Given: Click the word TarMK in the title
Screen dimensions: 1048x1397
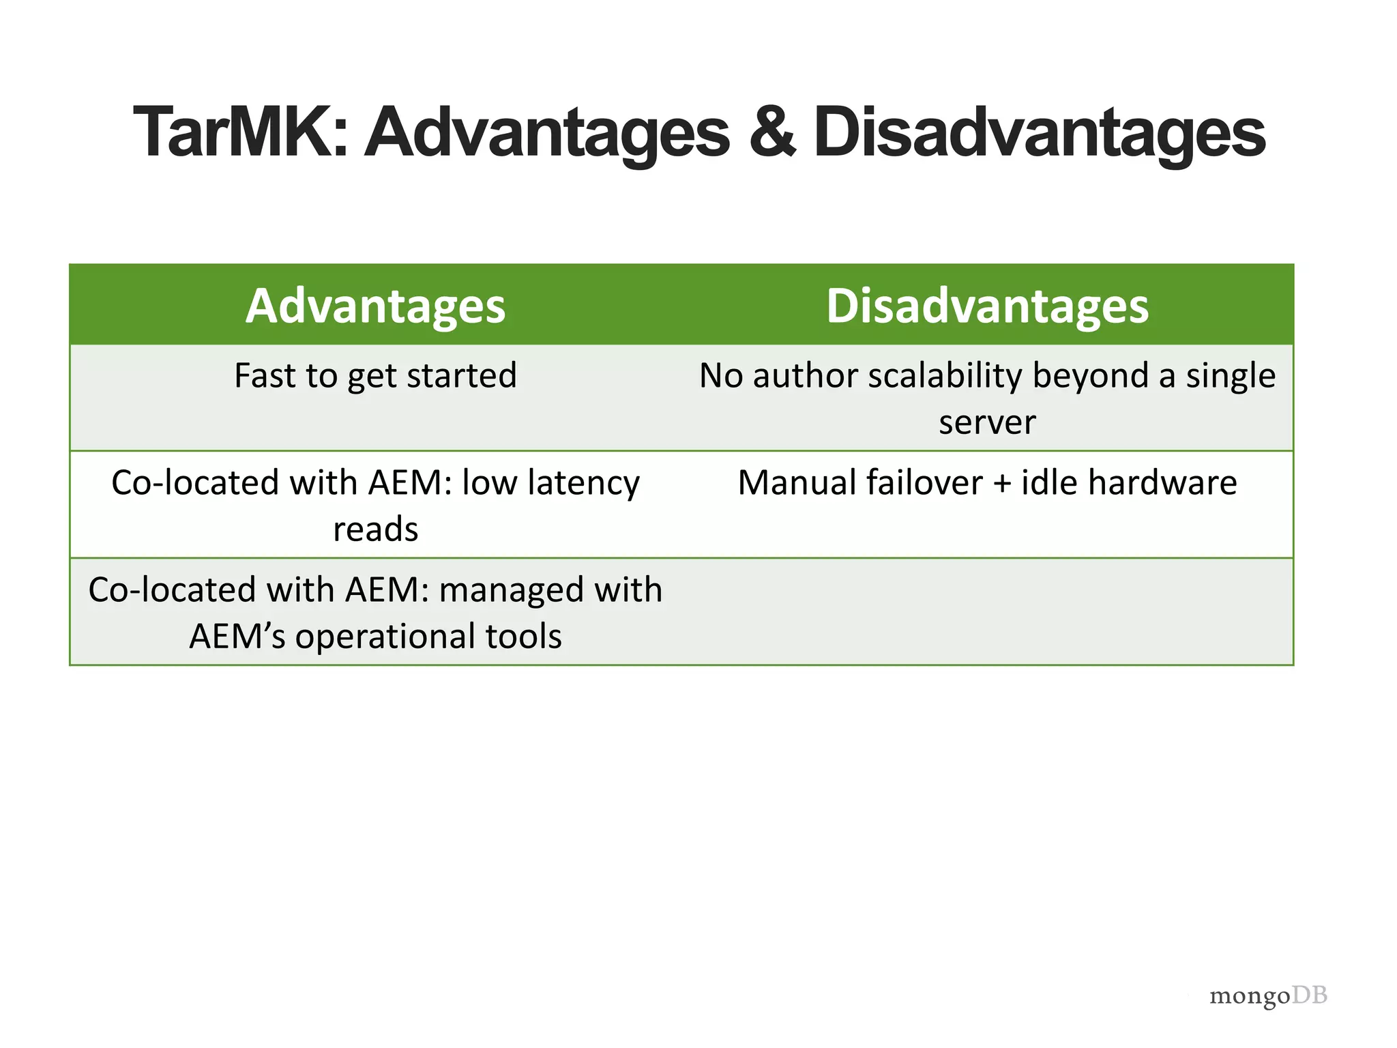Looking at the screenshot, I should click(240, 132).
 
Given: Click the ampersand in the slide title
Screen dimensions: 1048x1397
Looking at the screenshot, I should click(771, 132).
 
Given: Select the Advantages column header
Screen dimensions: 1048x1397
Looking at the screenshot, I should click(375, 306).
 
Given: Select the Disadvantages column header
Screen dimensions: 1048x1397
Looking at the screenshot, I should click(987, 306).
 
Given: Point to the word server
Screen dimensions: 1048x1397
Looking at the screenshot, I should click(987, 423).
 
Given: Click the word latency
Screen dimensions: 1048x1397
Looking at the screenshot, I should click(583, 484).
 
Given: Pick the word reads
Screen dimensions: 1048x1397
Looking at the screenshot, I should click(375, 529).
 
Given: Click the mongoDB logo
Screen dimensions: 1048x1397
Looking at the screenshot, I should click(1267, 996).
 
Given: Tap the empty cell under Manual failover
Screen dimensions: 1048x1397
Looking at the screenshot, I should click(987, 611).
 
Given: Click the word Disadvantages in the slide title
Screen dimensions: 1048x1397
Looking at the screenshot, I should click(1039, 132).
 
